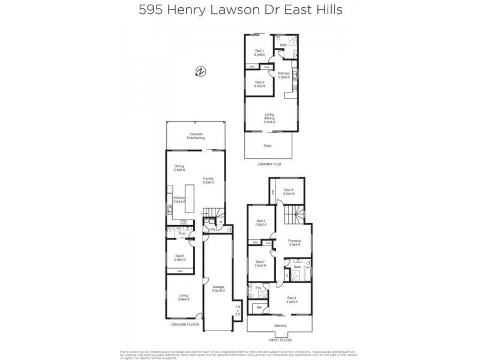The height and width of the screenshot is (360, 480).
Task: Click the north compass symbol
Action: tap(200, 71)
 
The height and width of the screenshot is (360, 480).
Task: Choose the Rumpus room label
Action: tap(293, 242)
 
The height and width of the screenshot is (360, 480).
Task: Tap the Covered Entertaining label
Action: tap(196, 136)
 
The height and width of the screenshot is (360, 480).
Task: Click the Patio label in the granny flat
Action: tap(268, 146)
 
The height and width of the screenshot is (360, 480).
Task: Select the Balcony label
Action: tap(280, 325)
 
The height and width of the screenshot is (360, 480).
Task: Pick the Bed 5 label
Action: tap(179, 257)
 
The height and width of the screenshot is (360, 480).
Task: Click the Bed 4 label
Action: tap(288, 192)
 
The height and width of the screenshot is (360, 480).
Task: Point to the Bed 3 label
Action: tap(260, 223)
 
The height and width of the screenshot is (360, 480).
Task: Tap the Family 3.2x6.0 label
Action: tap(208, 180)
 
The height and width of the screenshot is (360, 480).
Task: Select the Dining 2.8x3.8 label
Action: tap(179, 169)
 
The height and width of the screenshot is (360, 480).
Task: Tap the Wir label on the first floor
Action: tap(259, 308)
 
